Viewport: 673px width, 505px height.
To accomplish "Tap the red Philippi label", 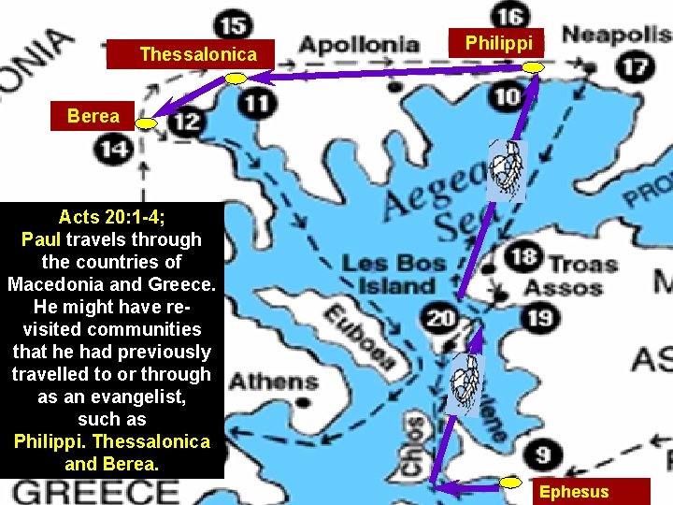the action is [499, 43].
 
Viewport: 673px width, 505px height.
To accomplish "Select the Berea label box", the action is [93, 116].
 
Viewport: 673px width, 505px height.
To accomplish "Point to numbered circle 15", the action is [232, 24].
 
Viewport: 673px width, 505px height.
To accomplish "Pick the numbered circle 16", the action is [509, 16].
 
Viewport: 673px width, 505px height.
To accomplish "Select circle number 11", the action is [256, 103].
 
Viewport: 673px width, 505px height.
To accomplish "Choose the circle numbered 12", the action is [187, 121].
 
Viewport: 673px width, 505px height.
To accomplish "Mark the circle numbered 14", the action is [115, 148].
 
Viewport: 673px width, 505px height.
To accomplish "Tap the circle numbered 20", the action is [440, 318].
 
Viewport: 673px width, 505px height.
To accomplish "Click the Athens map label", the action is [274, 382].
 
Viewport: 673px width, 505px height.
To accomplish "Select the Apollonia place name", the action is [358, 44].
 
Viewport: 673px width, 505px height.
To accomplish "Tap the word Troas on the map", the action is [581, 264].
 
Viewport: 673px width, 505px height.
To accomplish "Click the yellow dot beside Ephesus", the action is [510, 483].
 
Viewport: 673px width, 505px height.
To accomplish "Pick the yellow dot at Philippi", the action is [533, 67].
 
